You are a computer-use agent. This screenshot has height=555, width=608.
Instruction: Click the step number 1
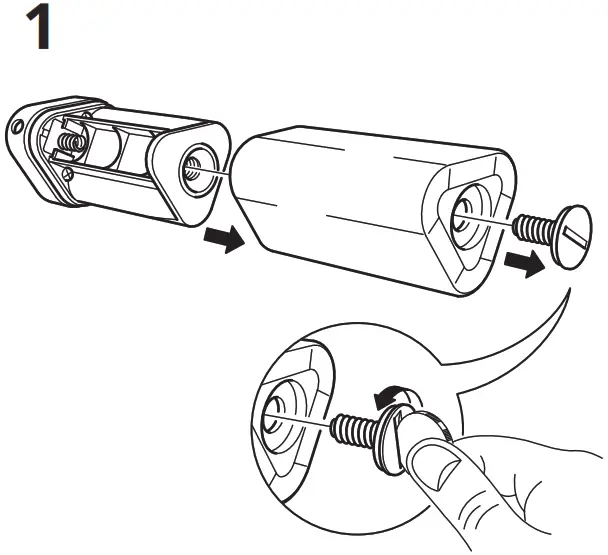point(36,31)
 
